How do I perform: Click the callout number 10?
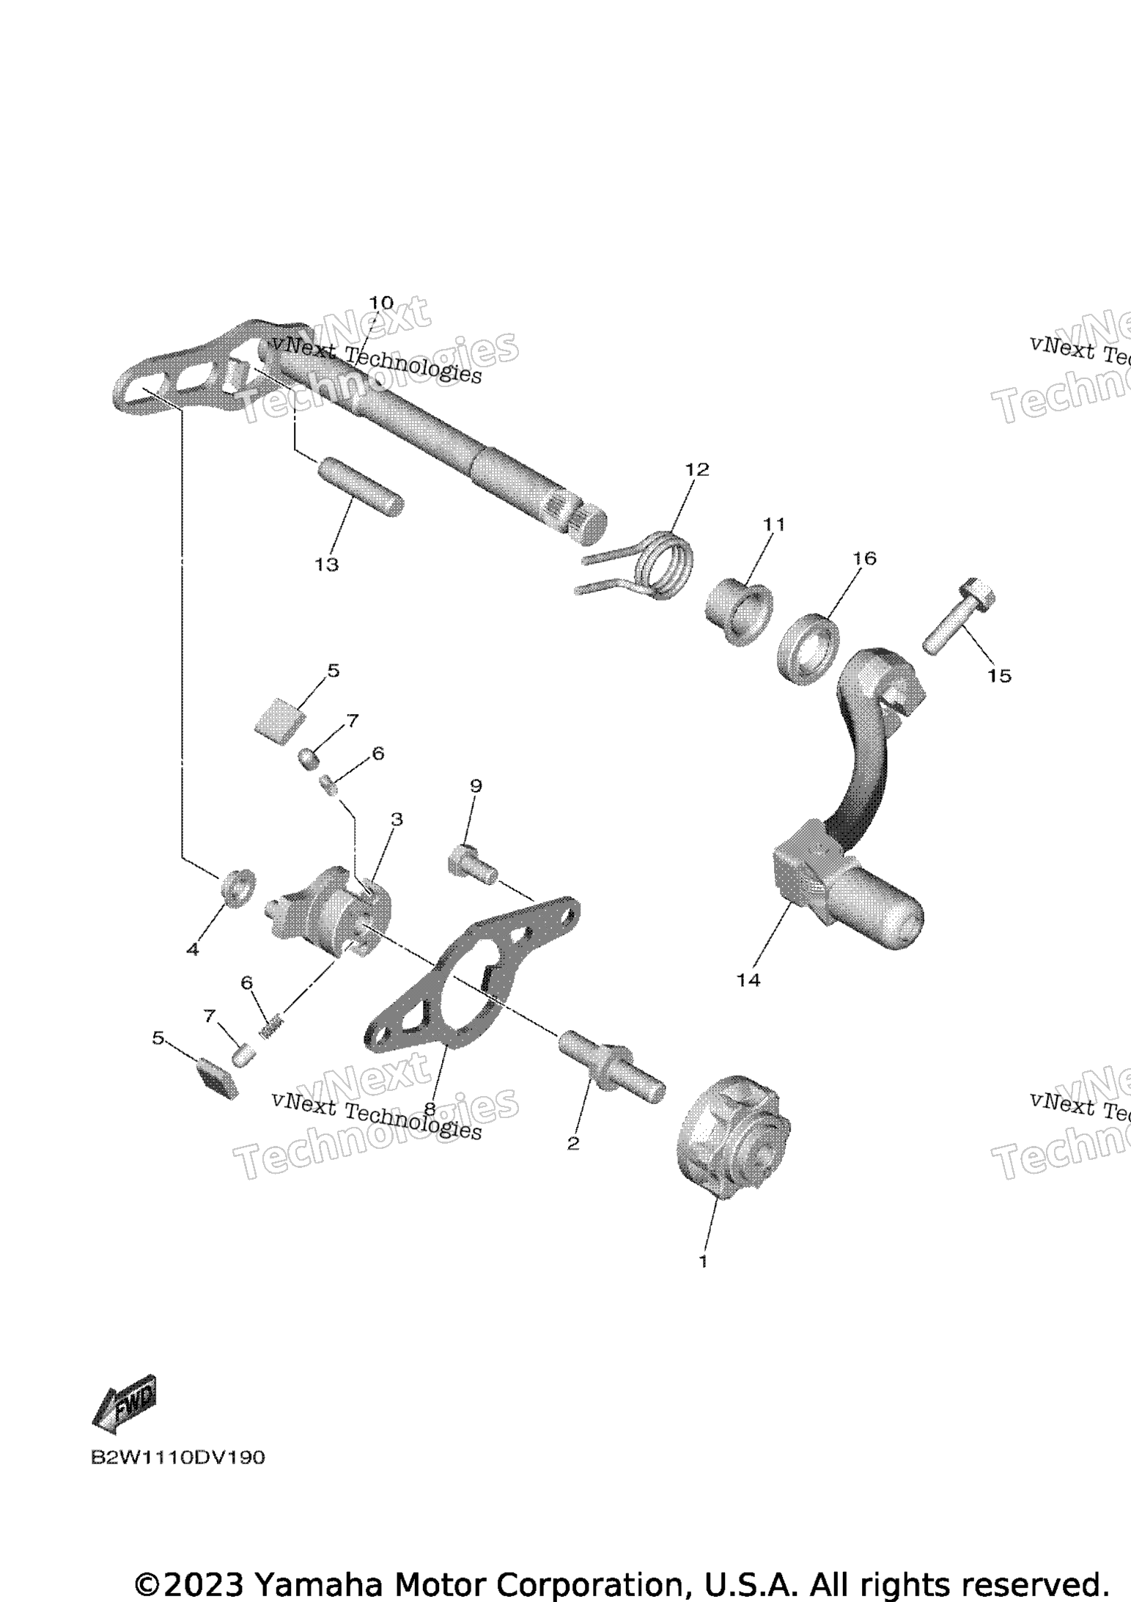(380, 303)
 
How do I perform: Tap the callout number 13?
(327, 565)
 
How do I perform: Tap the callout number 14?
(748, 980)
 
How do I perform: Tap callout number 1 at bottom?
(703, 1261)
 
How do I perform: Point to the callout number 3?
(397, 819)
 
